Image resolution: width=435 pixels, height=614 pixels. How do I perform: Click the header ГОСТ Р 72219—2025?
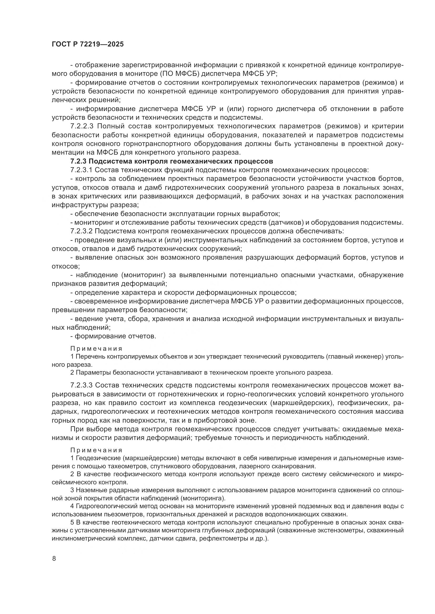click(88, 44)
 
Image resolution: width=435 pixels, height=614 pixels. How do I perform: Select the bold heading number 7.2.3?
click(78, 161)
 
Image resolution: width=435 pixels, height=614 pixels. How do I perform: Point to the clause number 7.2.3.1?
click(82, 170)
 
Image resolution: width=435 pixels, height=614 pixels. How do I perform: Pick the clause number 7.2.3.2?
click(82, 231)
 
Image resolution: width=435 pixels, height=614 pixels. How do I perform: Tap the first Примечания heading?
click(97, 349)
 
